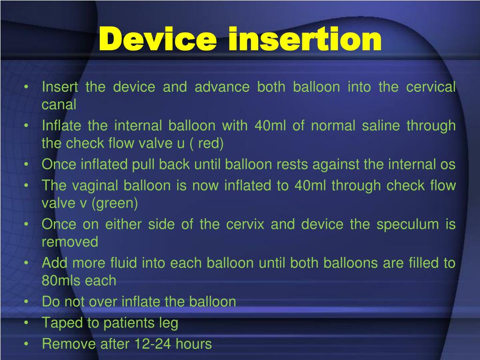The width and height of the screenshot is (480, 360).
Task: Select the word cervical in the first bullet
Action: [430, 87]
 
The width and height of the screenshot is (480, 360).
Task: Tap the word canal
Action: [59, 105]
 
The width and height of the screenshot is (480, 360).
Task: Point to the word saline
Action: [379, 126]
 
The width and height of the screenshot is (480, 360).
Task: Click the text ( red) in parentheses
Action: [202, 143]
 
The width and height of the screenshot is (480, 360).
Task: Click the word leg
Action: [168, 323]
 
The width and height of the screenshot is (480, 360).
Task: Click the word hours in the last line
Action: [193, 344]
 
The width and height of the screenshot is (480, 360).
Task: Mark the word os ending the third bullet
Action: [447, 165]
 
